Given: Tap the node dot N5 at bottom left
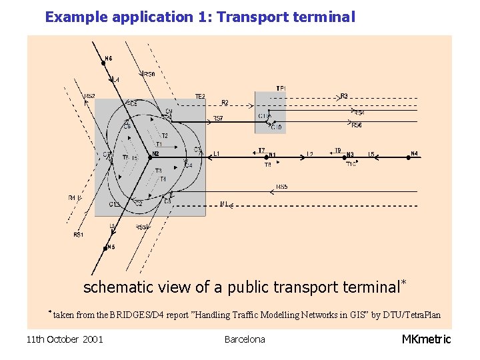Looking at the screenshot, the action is [x=105, y=248].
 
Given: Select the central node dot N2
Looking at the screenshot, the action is [x=149, y=158].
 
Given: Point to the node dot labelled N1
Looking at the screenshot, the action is [x=267, y=157].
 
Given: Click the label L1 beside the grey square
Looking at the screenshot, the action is [x=216, y=154].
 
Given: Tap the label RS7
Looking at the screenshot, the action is [x=218, y=119].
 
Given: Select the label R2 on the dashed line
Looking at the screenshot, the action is [x=225, y=103].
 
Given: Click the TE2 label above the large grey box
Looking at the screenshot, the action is [x=200, y=97].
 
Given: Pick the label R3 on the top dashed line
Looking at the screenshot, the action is [x=344, y=97].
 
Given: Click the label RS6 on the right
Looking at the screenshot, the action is [x=357, y=125].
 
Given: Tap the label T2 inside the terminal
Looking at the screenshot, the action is [x=164, y=136].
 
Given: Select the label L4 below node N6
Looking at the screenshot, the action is [x=115, y=80].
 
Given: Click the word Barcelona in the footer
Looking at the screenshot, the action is [x=245, y=339].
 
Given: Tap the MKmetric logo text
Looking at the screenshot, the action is [x=426, y=339].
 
